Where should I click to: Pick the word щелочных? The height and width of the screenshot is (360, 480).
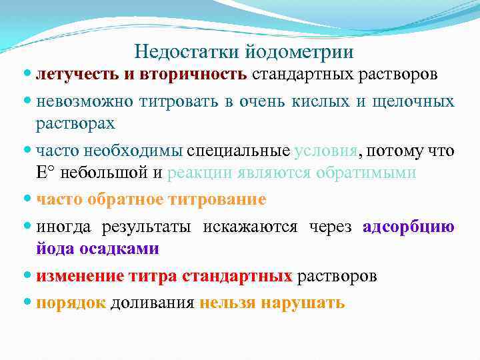(x=419, y=101)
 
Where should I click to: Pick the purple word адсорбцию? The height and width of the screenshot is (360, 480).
(x=409, y=227)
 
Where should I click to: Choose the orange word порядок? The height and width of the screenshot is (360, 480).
(x=71, y=303)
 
